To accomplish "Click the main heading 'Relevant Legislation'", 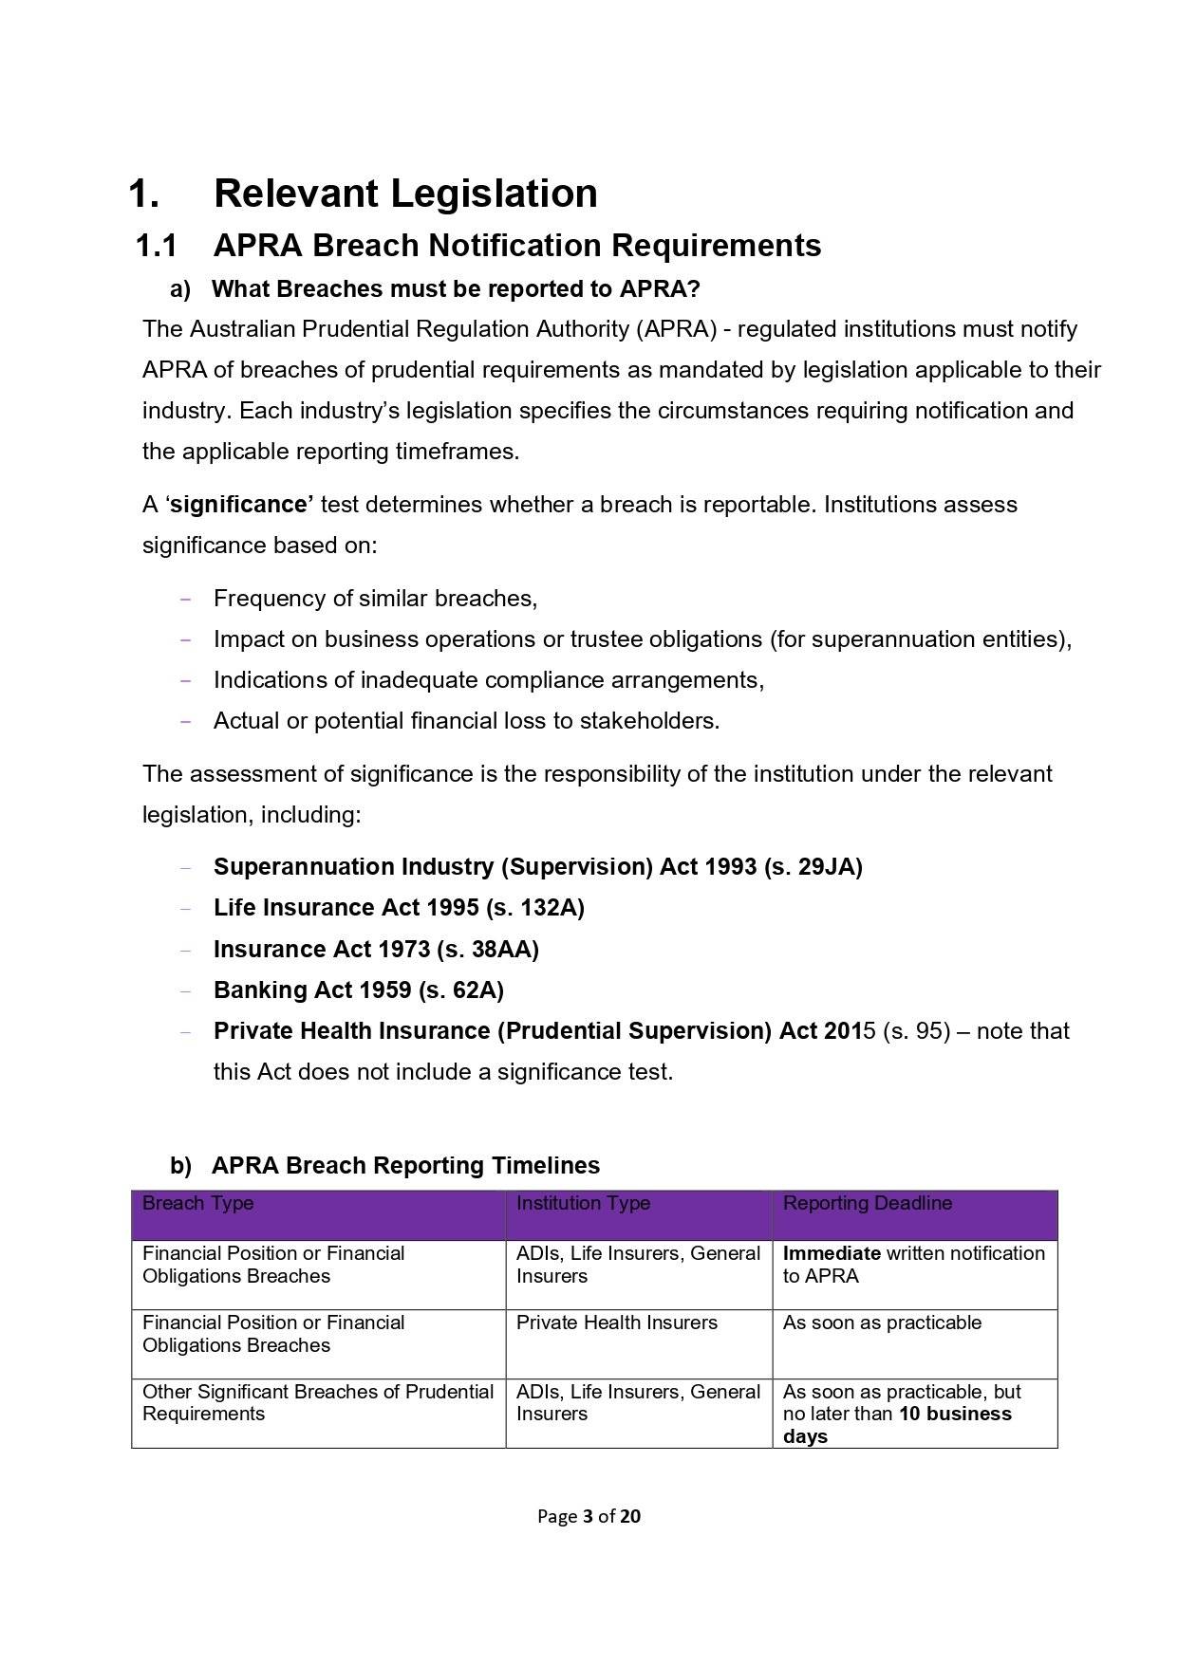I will pos(405,194).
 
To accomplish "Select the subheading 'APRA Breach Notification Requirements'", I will pos(516,246).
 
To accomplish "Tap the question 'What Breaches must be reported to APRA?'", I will pos(456,288).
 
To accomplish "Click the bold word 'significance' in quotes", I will pos(240,505).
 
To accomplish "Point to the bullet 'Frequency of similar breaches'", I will pos(375,599).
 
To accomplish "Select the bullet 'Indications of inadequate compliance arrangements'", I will pos(488,680).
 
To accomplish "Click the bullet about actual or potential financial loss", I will pos(466,721).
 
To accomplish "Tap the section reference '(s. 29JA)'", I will pos(813,867).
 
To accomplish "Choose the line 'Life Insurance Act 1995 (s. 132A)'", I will pos(399,908).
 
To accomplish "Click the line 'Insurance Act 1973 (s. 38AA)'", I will pos(376,950).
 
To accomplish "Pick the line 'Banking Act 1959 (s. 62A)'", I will pos(358,990).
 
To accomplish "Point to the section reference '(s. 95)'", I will pos(916,1031).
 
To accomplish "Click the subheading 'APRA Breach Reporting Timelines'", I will pos(405,1165).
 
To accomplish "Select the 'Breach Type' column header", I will pos(197,1203).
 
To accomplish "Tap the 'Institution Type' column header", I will pos(583,1203).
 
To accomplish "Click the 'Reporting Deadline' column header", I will pos(867,1203).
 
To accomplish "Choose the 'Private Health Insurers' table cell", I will pos(616,1323).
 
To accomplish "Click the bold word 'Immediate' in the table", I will pos(832,1253).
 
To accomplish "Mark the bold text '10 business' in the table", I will pos(955,1414).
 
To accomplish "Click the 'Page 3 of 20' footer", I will pos(589,1516).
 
